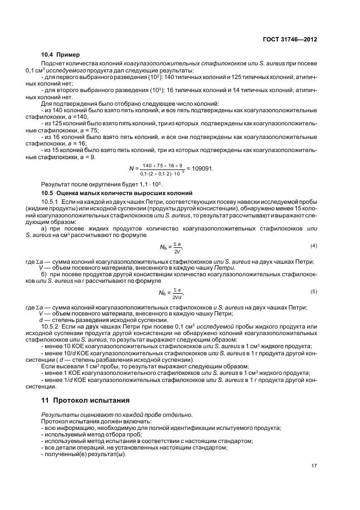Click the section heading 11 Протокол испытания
point(86,401)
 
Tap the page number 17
point(314,466)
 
